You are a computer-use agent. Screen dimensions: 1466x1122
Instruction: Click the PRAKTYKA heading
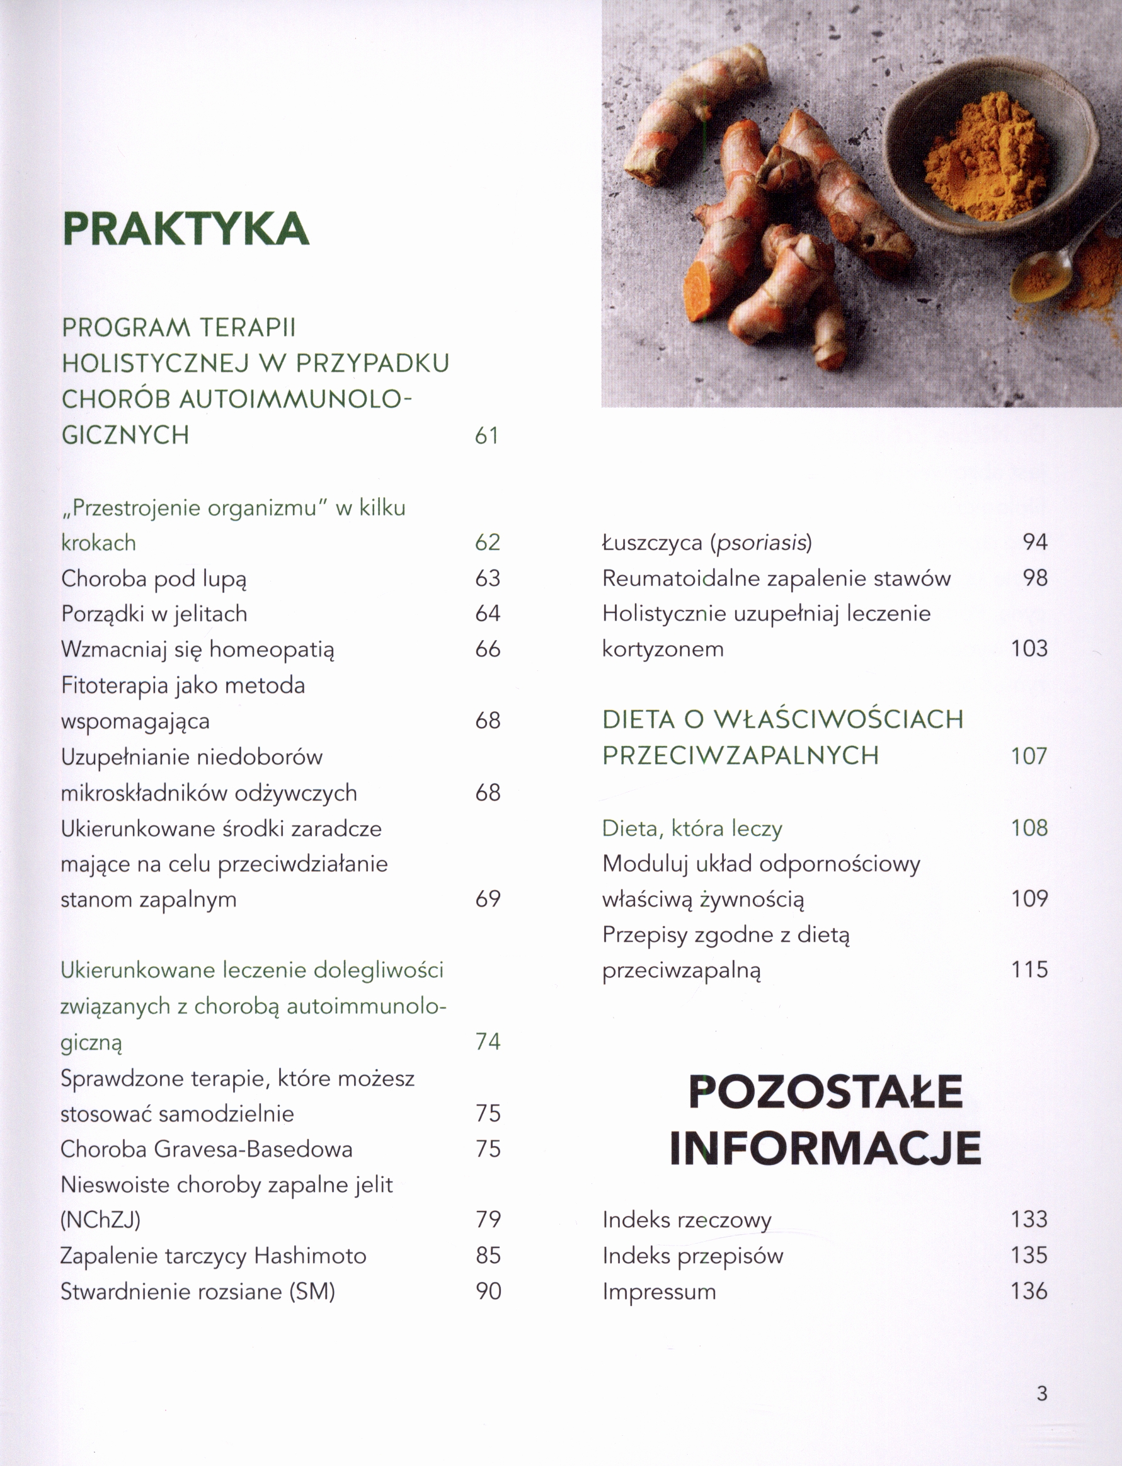[x=186, y=229]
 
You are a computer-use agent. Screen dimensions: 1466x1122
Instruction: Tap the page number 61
[x=487, y=435]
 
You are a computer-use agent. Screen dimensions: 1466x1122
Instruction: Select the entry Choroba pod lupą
[x=154, y=578]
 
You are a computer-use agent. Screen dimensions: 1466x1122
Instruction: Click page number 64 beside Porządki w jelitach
[x=488, y=614]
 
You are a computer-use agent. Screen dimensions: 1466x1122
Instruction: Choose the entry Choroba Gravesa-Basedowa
[x=207, y=1148]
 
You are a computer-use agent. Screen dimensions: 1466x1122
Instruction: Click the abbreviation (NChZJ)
[x=100, y=1220]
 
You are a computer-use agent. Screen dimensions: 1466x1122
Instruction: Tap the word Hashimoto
[x=310, y=1256]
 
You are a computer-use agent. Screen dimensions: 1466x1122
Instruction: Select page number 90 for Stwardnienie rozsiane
[x=488, y=1291]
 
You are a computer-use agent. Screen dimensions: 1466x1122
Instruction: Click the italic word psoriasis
[x=760, y=542]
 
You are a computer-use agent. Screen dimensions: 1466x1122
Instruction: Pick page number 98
[x=1034, y=578]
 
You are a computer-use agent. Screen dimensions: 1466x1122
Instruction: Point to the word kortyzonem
[x=663, y=648]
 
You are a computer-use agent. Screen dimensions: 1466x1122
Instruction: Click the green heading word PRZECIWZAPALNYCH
[x=740, y=755]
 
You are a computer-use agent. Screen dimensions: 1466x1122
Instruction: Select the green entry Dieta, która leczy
[x=692, y=828]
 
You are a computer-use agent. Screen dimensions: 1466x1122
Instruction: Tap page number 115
[x=1029, y=969]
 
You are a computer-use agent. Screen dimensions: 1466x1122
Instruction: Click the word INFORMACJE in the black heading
[x=825, y=1147]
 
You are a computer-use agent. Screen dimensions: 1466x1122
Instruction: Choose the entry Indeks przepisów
[x=692, y=1256]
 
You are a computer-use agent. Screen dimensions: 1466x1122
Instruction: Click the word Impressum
[x=659, y=1291]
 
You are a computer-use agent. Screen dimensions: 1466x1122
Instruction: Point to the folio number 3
[x=1042, y=1393]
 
